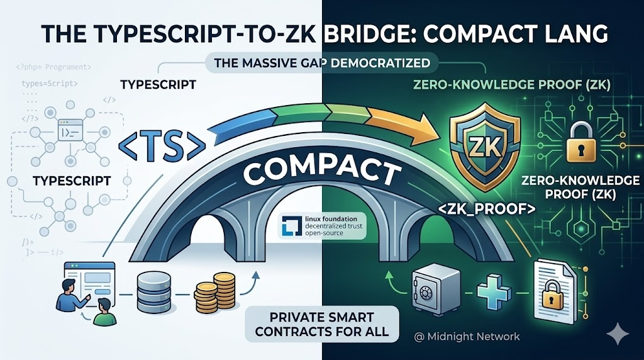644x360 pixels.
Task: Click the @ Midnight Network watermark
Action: pos(467,337)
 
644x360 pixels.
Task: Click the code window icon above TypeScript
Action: pos(72,132)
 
